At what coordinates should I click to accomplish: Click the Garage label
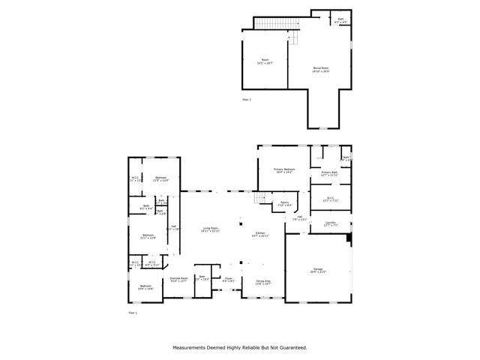pos(318,270)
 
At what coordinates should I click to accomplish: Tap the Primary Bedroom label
pos(284,171)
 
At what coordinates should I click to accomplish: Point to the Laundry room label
pos(330,223)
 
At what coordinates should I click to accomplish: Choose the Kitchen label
pos(260,235)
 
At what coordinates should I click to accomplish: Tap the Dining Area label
pos(262,282)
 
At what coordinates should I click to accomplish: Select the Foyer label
pos(229,280)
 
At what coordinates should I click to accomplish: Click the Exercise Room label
pos(178,279)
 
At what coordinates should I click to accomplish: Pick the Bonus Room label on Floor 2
pos(321,70)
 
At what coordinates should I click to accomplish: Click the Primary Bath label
pos(329,173)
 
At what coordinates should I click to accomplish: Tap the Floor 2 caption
pos(247,99)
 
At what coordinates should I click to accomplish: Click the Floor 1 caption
pos(133,311)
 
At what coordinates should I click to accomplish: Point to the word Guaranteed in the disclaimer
pos(289,347)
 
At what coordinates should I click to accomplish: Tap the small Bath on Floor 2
pos(341,20)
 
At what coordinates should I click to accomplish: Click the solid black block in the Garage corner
pos(349,238)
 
